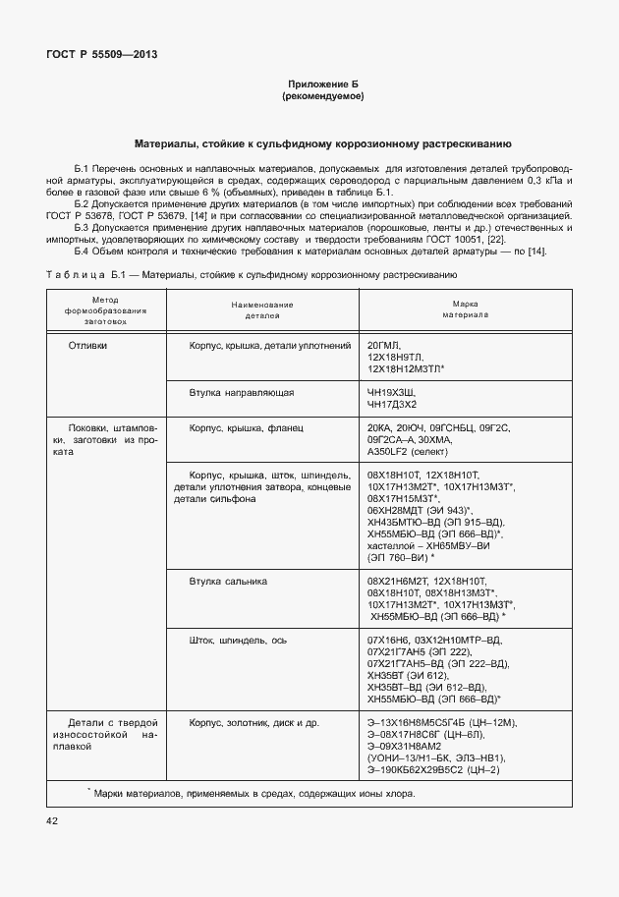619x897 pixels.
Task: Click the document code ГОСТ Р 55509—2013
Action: point(101,55)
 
